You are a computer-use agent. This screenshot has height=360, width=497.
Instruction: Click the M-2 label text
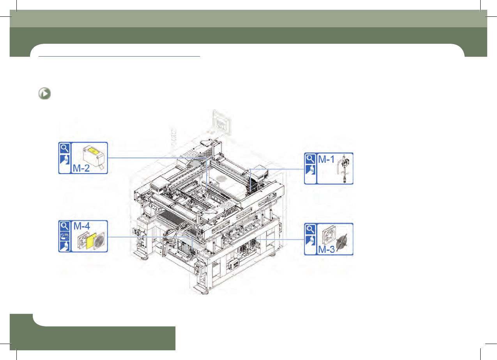[81, 168]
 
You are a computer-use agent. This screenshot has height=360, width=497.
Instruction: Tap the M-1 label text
[326, 160]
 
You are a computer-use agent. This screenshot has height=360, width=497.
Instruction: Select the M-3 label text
[326, 250]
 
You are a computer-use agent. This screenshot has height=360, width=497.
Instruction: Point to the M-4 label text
[81, 226]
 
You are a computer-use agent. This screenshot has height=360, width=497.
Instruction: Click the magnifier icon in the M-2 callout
[65, 148]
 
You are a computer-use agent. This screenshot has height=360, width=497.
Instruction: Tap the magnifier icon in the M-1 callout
[310, 159]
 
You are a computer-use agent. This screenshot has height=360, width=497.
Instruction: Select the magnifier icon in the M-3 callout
[310, 229]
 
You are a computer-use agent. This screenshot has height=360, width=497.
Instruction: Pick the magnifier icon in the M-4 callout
[65, 226]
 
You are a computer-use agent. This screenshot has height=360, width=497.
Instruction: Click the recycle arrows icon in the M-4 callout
[65, 236]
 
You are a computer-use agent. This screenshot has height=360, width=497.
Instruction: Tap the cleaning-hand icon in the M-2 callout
[65, 160]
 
